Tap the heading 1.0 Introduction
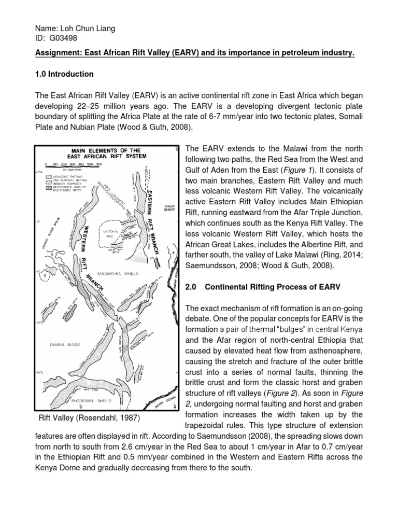(64, 74)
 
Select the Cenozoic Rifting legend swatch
(48, 177)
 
